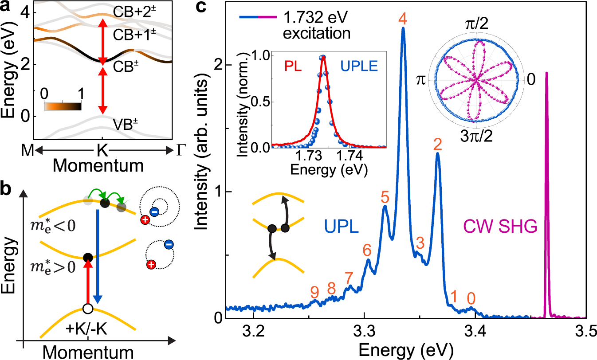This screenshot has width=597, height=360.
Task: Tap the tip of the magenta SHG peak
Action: tap(546, 73)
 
